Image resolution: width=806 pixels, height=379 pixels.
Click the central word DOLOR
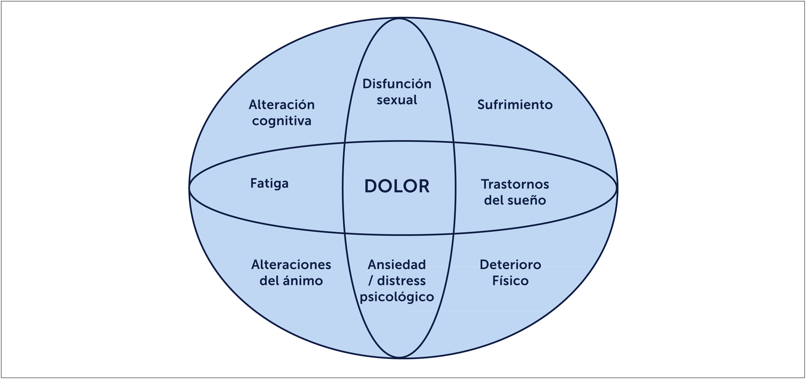(397, 186)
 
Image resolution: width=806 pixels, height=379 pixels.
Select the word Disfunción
(397, 84)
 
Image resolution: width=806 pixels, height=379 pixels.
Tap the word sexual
(397, 100)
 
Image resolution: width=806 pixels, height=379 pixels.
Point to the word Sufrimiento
(515, 105)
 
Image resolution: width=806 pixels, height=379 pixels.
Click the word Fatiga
(269, 183)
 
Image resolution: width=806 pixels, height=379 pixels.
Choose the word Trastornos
(515, 184)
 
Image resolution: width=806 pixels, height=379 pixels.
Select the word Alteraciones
(291, 265)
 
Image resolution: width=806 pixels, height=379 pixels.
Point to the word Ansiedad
(397, 265)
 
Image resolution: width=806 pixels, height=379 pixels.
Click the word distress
(401, 281)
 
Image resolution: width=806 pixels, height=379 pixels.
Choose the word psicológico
(397, 297)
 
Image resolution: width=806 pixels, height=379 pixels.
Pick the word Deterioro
(510, 265)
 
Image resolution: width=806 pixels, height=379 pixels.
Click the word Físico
(510, 281)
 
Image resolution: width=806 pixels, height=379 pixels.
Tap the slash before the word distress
(371, 281)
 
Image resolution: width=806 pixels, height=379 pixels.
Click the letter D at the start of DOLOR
(371, 186)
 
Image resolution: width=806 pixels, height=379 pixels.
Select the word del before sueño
(494, 201)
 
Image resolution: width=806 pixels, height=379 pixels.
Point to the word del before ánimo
(269, 281)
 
